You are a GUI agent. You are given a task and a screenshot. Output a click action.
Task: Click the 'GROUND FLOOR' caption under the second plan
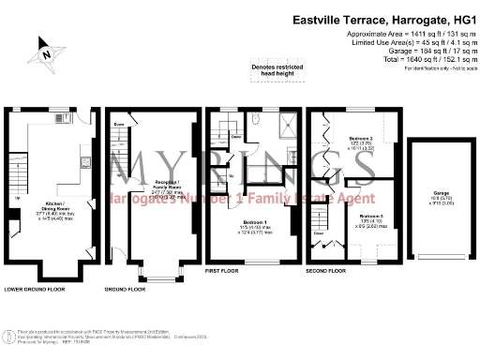pyautogui.click(x=124, y=290)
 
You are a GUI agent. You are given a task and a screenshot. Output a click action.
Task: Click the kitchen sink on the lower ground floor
pyautogui.click(x=86, y=163)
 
